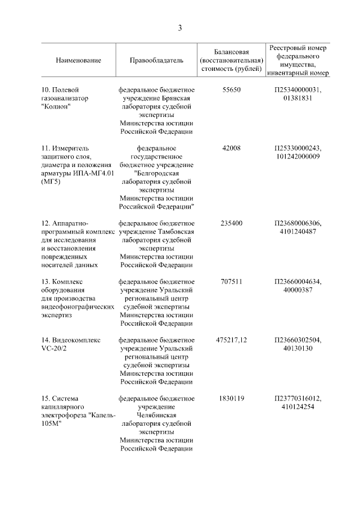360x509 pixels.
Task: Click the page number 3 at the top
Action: click(180, 28)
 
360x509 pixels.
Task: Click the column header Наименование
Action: click(78, 60)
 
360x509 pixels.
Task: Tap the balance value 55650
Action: click(232, 89)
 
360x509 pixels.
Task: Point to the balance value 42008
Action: click(232, 148)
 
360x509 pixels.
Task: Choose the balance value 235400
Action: click(232, 223)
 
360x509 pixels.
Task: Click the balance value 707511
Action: click(232, 282)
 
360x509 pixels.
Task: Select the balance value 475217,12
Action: click(232, 340)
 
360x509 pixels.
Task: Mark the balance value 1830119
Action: click(232, 399)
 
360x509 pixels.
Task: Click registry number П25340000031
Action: click(298, 89)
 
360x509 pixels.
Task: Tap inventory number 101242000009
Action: click(298, 156)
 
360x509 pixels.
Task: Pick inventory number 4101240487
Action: click(298, 232)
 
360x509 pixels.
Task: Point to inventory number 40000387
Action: click(298, 290)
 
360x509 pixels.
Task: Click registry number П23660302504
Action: click(298, 340)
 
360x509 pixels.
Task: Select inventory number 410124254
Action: click(298, 407)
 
